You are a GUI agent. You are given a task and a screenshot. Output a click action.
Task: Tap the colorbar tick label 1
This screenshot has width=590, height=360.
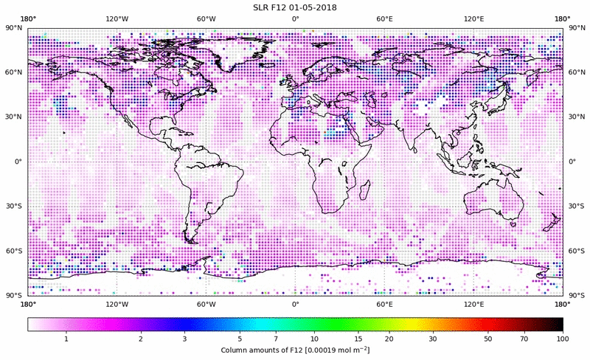click(66, 338)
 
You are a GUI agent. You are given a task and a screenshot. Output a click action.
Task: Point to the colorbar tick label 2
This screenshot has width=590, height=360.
click(140, 338)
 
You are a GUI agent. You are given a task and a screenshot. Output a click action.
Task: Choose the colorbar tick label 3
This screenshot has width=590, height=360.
click(184, 338)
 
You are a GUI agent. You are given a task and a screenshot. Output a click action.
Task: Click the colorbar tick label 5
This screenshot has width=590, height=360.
click(240, 338)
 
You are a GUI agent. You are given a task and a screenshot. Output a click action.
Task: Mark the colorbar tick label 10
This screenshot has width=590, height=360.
click(314, 338)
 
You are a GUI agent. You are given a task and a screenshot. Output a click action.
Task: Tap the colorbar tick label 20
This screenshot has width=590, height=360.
click(389, 338)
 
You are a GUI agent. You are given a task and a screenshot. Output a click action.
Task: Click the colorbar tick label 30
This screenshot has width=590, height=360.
click(433, 338)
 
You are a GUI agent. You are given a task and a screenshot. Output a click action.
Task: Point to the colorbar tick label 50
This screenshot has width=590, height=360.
click(488, 338)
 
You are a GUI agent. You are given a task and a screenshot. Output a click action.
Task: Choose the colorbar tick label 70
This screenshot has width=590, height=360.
click(524, 338)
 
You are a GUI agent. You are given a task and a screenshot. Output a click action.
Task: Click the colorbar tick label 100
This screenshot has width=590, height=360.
click(562, 338)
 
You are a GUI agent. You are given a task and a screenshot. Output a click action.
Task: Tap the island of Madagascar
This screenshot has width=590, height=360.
click(364, 190)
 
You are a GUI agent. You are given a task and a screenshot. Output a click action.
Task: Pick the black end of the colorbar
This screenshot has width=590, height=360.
click(559, 324)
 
